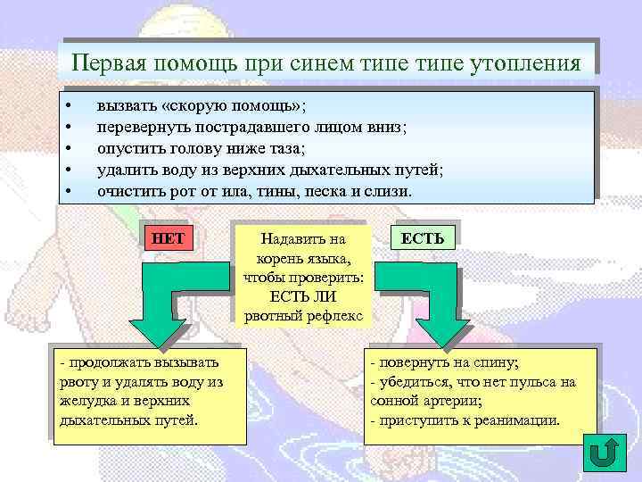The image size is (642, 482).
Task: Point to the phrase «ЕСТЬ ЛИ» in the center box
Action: (303, 297)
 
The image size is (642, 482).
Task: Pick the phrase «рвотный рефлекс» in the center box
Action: (303, 317)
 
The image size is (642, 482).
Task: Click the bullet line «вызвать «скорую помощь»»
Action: (201, 105)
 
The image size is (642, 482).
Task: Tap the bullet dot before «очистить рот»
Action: (69, 191)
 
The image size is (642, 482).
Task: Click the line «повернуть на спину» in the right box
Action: (445, 362)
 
